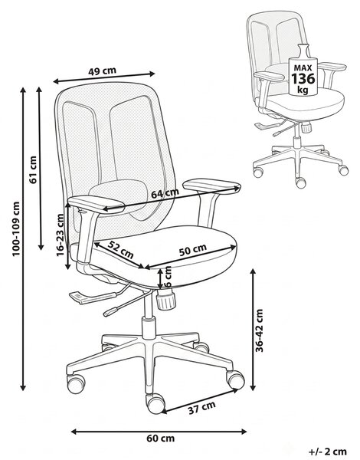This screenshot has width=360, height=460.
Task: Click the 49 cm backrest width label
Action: pos(102,71)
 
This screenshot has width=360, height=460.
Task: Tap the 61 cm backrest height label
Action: pos(33,170)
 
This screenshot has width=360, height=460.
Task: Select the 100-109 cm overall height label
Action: pos(15,228)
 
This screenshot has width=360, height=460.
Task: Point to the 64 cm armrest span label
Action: pos(165,193)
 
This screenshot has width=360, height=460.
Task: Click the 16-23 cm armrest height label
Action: pos(60,235)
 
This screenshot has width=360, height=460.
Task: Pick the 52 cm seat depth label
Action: pos(120,249)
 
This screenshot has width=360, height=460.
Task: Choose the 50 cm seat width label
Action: pos(192,250)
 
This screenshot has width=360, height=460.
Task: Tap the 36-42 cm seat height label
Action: pos(259,330)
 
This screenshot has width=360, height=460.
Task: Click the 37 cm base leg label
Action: pos(201,408)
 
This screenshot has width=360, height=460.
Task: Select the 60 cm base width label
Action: pos(160,439)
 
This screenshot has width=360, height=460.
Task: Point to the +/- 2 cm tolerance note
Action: pos(328,452)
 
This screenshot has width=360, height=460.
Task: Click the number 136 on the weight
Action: pos(303,79)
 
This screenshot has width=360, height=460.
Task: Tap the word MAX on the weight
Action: pos(303,68)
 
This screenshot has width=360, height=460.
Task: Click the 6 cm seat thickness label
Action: pos(168,277)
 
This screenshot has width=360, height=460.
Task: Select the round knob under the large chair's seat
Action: pos(166,299)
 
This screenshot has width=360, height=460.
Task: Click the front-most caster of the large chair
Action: pos(155,403)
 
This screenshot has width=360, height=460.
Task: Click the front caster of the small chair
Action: pos(301,182)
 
